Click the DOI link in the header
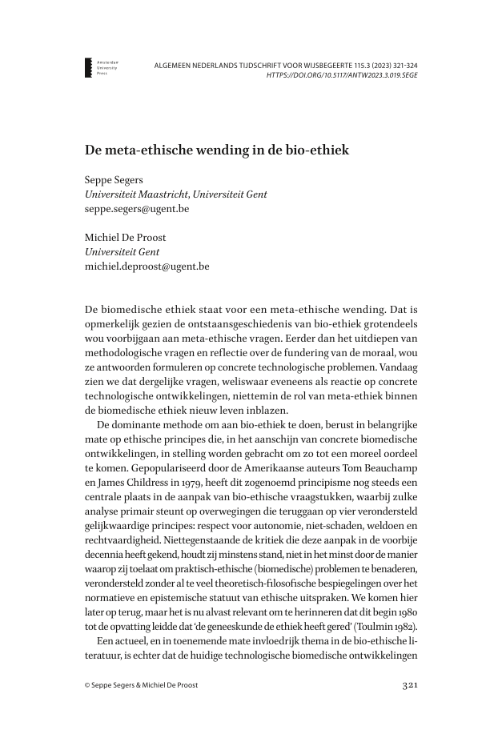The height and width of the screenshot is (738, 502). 342,75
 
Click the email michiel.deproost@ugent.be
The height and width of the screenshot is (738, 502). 147,267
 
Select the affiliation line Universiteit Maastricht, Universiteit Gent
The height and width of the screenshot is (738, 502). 176,195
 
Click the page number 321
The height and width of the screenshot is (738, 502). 409,685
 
